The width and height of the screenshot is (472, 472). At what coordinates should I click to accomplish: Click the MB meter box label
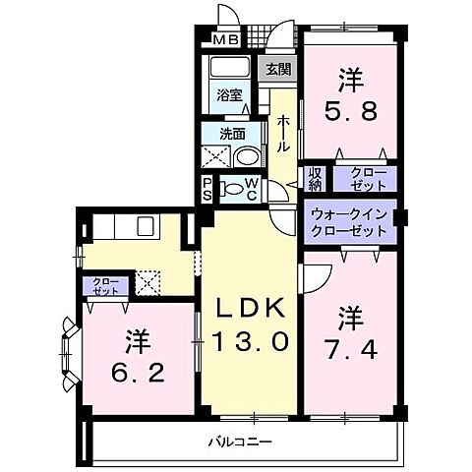click(226, 40)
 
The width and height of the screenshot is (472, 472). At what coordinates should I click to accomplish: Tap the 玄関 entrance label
click(277, 69)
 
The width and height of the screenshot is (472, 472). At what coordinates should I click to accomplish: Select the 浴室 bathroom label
click(230, 96)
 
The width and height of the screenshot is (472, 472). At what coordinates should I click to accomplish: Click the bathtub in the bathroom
click(230, 71)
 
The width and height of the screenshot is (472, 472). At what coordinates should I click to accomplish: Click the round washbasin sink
click(248, 157)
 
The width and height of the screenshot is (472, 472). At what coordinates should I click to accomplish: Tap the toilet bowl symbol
click(232, 189)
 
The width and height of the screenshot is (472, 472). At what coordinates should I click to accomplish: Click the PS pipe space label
click(208, 190)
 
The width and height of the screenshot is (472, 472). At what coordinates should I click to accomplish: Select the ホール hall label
click(283, 134)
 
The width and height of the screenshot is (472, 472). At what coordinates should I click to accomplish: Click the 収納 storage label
click(315, 180)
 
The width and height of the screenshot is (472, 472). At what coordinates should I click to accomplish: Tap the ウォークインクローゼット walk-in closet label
click(349, 221)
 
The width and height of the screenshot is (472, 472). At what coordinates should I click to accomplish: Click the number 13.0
click(250, 343)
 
